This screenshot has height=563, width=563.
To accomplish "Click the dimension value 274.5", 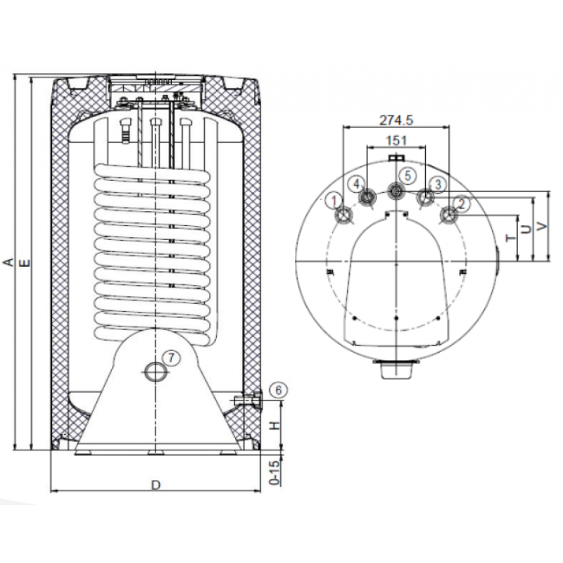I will [395, 120].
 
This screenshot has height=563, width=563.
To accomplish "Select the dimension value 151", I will [396, 141].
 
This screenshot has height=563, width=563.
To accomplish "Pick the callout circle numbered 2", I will [461, 203].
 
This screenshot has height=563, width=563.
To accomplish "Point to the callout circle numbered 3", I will [438, 184].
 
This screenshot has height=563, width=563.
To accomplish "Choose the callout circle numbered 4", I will [357, 182].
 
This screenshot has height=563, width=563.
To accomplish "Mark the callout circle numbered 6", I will [278, 389].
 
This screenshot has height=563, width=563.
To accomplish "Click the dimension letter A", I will [8, 262].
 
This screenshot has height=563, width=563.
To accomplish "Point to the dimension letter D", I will [156, 485].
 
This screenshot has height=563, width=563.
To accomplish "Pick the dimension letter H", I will [277, 425].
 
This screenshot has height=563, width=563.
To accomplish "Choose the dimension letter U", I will [526, 229].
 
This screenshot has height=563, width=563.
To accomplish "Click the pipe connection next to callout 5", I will [396, 189].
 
